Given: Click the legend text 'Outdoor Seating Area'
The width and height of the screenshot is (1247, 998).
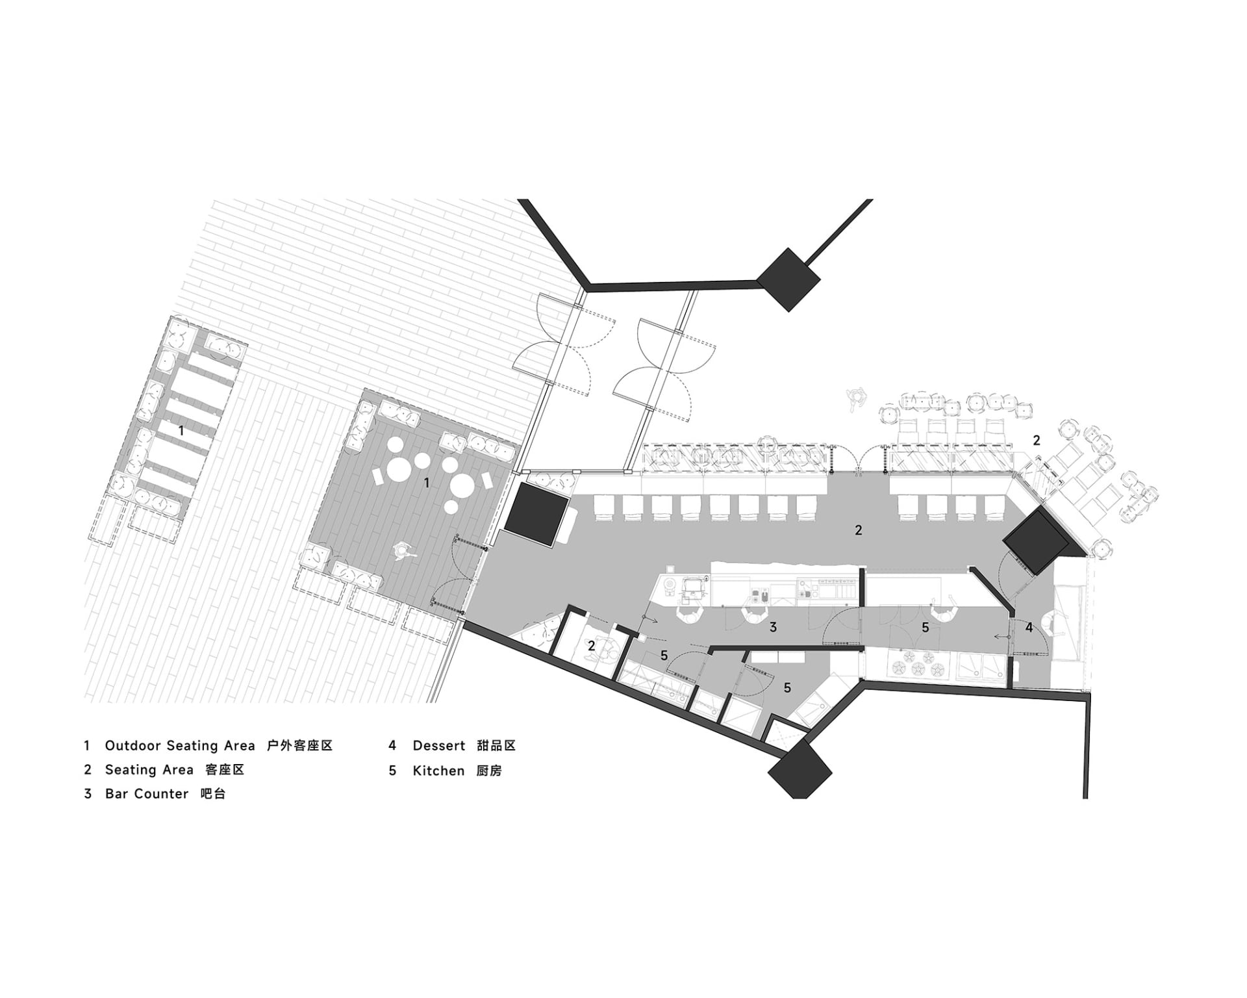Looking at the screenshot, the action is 180,746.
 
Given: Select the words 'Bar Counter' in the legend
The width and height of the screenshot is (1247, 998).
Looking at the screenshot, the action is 147,794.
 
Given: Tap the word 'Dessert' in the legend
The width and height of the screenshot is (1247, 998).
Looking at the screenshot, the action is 439,746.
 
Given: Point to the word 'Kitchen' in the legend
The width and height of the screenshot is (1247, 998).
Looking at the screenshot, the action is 438,771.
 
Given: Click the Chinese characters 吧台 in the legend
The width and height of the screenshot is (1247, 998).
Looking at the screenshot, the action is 213,794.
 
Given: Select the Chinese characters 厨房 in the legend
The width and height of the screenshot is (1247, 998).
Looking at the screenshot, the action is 489,771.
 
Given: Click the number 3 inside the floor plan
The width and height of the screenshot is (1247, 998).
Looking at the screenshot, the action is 773,627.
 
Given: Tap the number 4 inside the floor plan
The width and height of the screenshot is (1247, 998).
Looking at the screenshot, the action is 1029,628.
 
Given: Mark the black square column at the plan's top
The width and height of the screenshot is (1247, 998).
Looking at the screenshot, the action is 788,279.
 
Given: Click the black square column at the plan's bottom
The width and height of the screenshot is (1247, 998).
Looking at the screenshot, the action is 800,771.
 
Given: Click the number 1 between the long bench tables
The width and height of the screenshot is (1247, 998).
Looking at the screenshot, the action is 181,430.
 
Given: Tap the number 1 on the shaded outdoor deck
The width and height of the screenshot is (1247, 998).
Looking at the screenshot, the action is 427,483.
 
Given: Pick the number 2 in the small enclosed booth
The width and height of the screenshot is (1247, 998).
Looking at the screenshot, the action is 591,646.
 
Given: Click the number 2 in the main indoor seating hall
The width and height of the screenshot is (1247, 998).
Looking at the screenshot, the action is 858,530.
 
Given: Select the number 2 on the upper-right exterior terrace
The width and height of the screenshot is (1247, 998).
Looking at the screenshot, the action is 1037,440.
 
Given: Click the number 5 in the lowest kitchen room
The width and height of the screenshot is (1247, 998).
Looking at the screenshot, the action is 787,687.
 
